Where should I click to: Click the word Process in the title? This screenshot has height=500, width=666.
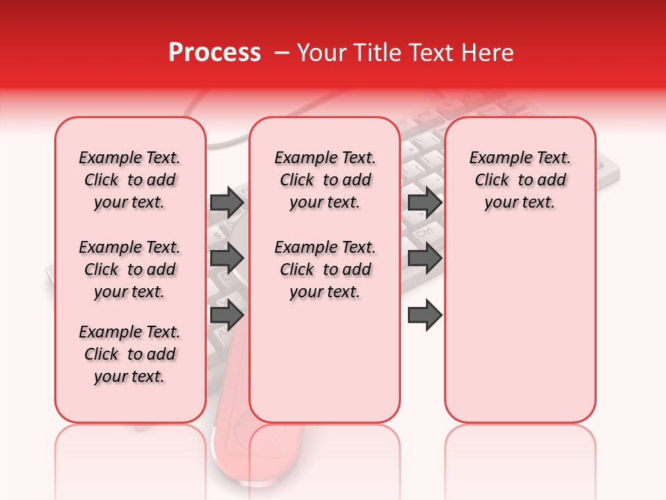click(x=214, y=52)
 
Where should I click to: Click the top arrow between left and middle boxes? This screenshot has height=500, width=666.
click(x=227, y=202)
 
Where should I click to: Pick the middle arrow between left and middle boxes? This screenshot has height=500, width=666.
click(x=227, y=259)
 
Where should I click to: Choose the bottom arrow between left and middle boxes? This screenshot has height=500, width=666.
click(x=227, y=315)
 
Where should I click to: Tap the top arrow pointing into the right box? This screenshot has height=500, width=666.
click(x=425, y=202)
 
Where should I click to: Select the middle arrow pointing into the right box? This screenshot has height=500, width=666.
click(x=425, y=259)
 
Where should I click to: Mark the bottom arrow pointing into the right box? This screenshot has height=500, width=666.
click(x=425, y=315)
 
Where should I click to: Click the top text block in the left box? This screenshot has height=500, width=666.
click(x=130, y=180)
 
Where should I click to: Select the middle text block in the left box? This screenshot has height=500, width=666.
click(x=130, y=269)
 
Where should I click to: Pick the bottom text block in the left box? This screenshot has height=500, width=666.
click(x=130, y=354)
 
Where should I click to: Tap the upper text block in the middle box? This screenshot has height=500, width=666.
click(x=325, y=180)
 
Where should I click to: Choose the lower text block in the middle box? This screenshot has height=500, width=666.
click(x=325, y=269)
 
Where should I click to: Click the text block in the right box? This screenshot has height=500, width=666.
click(x=520, y=180)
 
